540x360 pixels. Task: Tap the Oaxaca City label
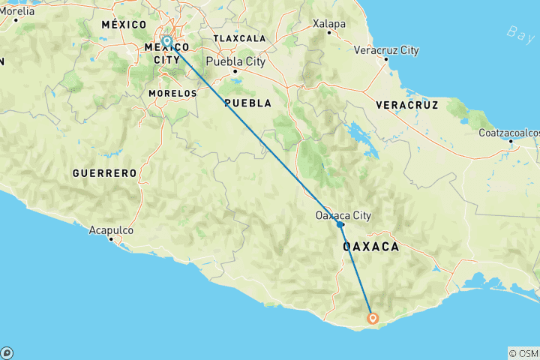point(343,215)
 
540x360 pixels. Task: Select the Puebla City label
point(239,62)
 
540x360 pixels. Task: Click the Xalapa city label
point(329,23)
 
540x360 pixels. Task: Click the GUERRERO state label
point(105,173)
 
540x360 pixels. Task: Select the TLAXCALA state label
point(239,37)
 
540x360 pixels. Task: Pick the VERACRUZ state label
point(407,103)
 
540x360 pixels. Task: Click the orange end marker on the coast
point(373,318)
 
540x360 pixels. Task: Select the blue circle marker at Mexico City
point(166,41)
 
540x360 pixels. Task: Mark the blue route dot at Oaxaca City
point(340,224)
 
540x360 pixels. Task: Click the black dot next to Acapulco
point(111,239)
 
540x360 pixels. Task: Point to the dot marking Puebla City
point(235,72)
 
